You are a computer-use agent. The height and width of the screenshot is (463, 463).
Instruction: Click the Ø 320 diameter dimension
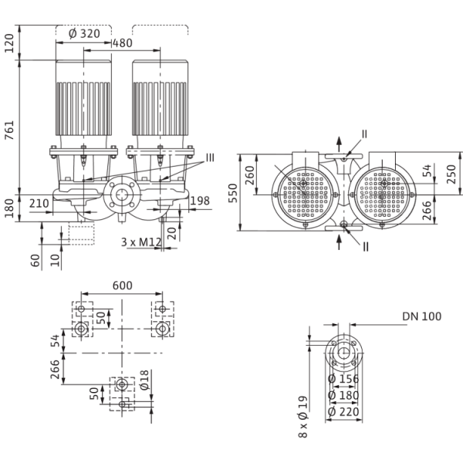[x=84, y=34]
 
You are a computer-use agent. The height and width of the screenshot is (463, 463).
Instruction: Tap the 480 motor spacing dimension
[x=123, y=43]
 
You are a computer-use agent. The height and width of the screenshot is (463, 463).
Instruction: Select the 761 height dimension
[x=9, y=130]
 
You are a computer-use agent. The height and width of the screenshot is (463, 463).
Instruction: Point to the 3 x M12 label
[x=141, y=242]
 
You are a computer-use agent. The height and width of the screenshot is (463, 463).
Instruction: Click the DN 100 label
[x=421, y=316]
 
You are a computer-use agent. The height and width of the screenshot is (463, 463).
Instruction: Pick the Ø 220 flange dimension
[x=343, y=411]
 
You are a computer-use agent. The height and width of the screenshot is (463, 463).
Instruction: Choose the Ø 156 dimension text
[x=343, y=379]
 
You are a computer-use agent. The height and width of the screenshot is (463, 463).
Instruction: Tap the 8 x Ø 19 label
[x=303, y=417]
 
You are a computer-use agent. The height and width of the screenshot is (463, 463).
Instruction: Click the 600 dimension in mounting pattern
[x=123, y=286]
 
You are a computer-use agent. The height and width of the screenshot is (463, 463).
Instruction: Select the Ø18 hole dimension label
[x=144, y=380]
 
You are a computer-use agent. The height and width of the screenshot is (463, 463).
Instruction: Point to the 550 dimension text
[x=233, y=193]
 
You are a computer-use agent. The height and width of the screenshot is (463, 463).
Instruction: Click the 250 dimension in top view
[x=451, y=174]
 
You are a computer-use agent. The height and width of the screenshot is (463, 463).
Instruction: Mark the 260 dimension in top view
[x=250, y=175]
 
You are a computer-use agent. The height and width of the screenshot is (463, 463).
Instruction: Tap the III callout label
[x=210, y=157]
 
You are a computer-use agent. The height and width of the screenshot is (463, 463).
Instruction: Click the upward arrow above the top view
[x=340, y=144]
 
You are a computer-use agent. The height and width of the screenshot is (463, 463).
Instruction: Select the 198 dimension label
[x=200, y=201]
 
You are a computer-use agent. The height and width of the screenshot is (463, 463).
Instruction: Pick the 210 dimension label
[x=39, y=204]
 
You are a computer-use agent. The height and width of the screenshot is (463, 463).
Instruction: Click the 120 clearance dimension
[x=9, y=43]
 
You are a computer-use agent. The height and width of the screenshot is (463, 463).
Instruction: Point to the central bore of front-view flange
[x=121, y=195]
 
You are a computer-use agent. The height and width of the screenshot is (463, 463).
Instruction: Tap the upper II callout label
[x=364, y=134]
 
